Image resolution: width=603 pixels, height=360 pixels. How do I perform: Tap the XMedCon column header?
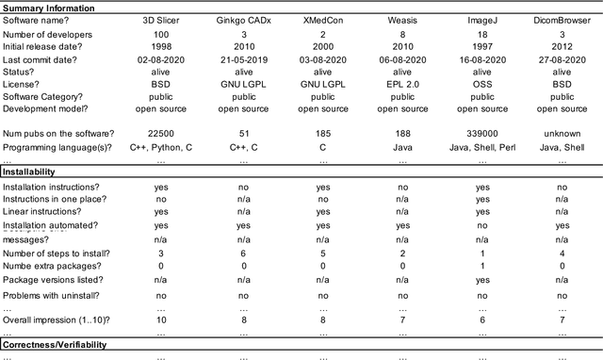tap(322, 18)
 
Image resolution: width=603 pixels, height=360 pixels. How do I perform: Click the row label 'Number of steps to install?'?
tap(57, 254)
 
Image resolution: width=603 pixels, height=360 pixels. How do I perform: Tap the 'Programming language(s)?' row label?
tap(57, 147)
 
